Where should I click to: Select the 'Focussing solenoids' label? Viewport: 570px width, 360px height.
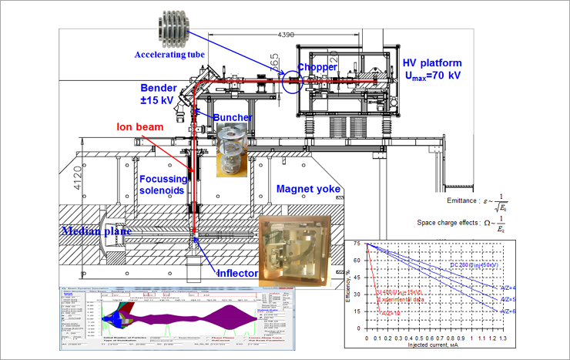click(x=164, y=186)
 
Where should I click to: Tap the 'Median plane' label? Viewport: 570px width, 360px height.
click(x=95, y=229)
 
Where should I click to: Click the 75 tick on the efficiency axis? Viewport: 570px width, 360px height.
click(x=357, y=244)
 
